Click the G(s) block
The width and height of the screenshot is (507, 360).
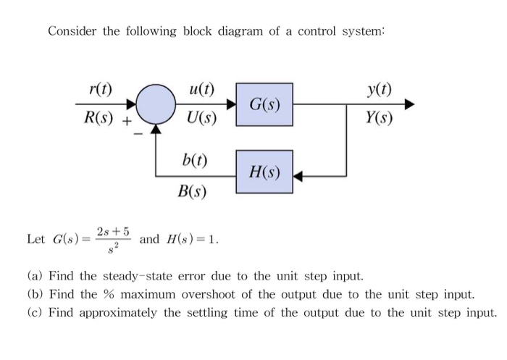pyautogui.click(x=265, y=104)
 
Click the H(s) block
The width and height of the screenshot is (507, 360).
pyautogui.click(x=265, y=172)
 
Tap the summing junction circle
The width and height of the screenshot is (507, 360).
pyautogui.click(x=156, y=105)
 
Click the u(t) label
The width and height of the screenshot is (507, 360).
pyautogui.click(x=200, y=91)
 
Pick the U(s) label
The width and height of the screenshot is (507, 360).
pyautogui.click(x=200, y=119)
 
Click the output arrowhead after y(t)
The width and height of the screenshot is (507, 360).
pyautogui.click(x=411, y=105)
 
